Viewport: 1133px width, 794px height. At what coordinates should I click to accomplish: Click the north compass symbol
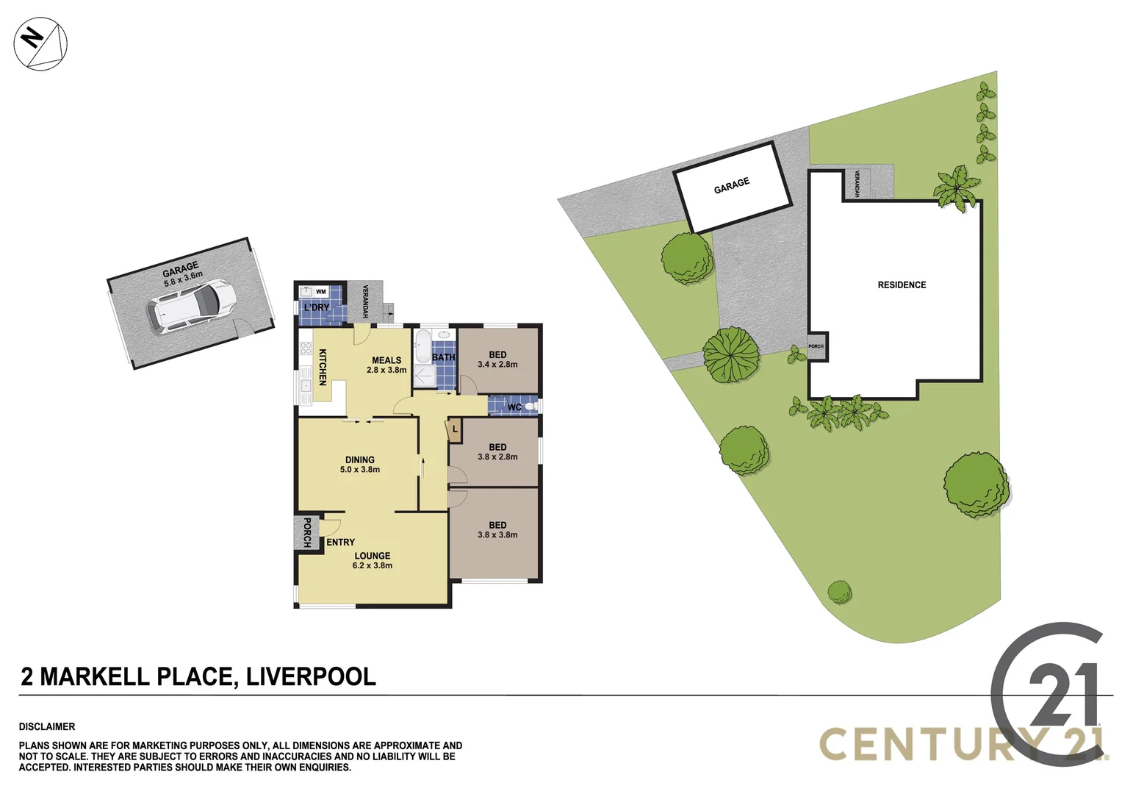click(x=40, y=43)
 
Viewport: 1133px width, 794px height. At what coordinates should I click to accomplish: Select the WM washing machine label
click(x=320, y=292)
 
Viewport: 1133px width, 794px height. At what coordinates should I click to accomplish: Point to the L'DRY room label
click(x=317, y=307)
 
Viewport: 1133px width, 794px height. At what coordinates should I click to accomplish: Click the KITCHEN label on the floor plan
click(x=322, y=367)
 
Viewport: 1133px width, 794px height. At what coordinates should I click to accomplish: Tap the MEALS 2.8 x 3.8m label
click(x=386, y=365)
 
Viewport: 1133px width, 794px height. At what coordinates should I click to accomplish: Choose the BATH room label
click(x=443, y=357)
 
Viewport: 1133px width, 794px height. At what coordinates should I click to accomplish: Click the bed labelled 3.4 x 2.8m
click(x=497, y=360)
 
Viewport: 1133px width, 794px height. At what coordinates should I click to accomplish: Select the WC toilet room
click(x=514, y=407)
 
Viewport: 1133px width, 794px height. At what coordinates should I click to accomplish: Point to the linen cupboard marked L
click(x=455, y=429)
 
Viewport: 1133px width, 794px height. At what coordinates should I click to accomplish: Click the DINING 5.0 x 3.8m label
click(x=360, y=465)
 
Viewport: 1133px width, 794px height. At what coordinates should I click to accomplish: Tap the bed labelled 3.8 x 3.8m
click(x=497, y=530)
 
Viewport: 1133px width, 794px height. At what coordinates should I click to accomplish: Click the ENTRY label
click(x=340, y=542)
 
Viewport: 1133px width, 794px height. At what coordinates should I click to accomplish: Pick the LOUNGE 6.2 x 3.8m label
click(x=373, y=561)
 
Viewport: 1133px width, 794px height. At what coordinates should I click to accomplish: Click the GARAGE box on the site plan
click(x=733, y=186)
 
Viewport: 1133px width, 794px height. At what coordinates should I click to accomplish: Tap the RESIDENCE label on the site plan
click(x=902, y=285)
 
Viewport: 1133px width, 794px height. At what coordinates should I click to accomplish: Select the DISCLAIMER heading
click(x=47, y=726)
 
